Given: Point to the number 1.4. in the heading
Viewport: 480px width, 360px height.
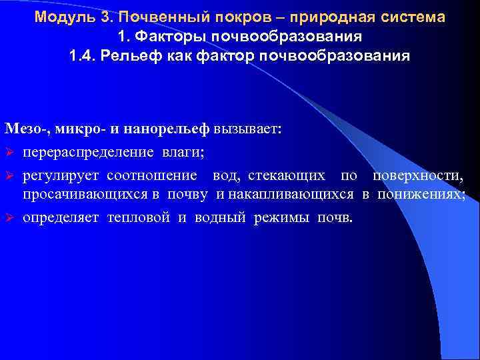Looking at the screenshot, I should click(83, 55).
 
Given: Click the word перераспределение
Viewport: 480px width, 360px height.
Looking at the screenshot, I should click(89, 153).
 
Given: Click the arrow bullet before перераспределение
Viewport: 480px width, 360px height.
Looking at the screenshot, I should click(10, 153).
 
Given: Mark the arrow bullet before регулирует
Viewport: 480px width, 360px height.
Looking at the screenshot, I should click(10, 176).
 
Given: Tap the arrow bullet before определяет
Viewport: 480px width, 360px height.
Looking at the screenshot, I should click(10, 218).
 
